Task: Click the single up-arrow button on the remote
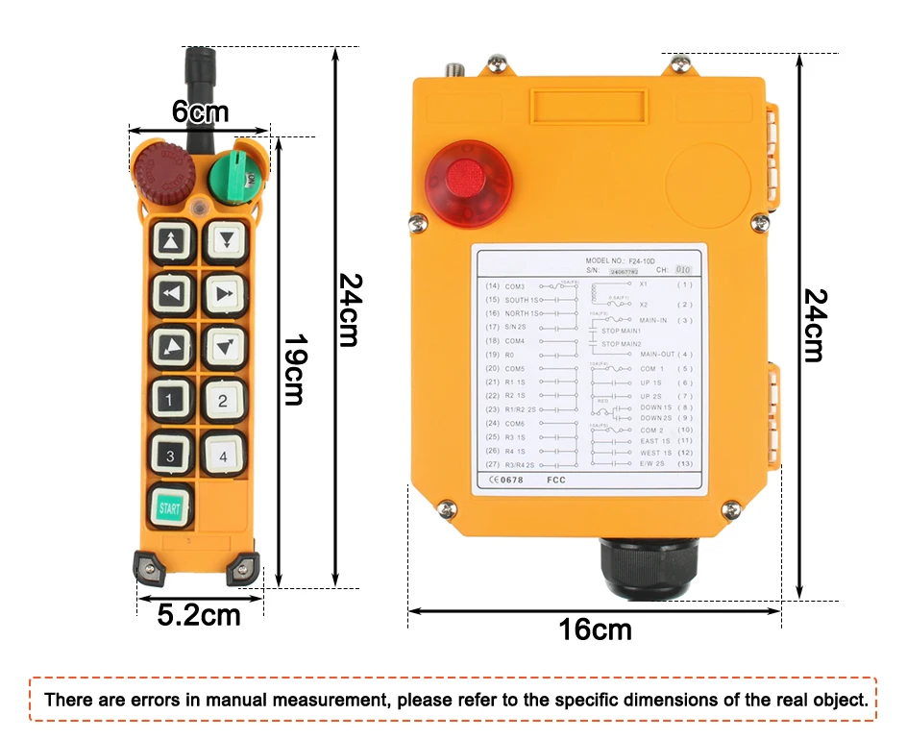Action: pyautogui.click(x=172, y=240)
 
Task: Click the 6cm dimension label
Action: pyautogui.click(x=200, y=112)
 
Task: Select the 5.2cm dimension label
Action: pyautogui.click(x=199, y=615)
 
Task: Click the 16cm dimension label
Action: pyautogui.click(x=596, y=630)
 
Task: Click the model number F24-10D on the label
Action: pyautogui.click(x=664, y=260)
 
